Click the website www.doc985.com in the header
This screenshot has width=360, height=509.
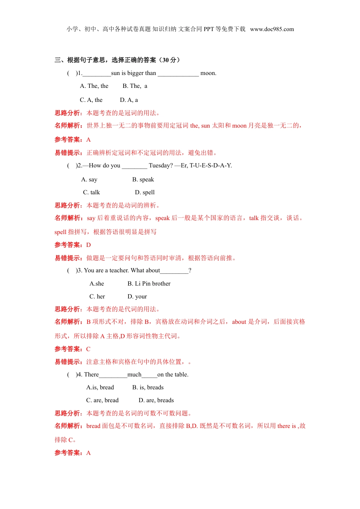272,29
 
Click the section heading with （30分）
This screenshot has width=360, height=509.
117,60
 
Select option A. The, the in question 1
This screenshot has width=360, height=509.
94,86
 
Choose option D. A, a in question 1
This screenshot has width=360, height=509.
129,100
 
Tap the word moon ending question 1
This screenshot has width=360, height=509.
208,73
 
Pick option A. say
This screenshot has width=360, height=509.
89,180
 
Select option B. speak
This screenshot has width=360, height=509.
143,180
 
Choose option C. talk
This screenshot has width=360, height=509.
91,192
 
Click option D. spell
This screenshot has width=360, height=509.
145,192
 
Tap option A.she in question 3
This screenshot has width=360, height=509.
97,284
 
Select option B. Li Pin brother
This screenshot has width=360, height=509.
149,284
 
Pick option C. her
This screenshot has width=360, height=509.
97,297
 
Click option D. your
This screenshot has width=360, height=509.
137,297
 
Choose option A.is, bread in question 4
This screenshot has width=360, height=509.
100,387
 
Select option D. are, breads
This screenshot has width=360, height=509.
156,400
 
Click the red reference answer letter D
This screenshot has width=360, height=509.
89,245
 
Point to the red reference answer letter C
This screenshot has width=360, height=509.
88,349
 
